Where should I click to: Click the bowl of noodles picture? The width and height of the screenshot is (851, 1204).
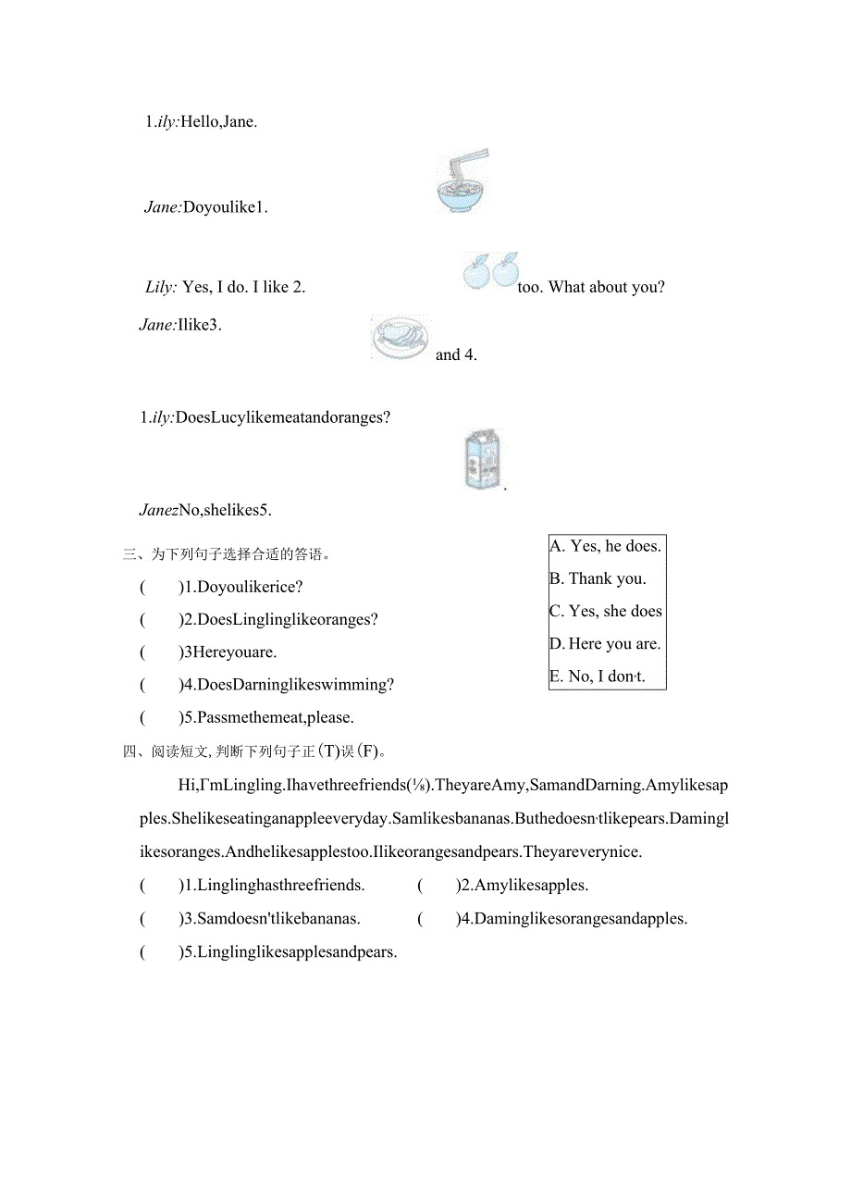(x=462, y=183)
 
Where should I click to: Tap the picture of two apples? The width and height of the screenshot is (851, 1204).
(x=491, y=271)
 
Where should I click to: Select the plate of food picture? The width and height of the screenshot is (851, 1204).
(x=400, y=338)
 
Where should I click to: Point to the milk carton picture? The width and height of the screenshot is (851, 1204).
(x=483, y=459)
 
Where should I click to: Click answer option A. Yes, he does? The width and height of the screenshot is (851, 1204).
(x=605, y=546)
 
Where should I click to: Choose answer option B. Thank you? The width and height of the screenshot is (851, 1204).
(x=598, y=578)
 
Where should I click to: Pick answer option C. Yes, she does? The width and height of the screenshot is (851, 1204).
(x=606, y=611)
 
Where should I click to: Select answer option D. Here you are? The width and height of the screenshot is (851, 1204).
(x=605, y=643)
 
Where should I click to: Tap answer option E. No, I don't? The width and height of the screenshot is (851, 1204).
(x=598, y=676)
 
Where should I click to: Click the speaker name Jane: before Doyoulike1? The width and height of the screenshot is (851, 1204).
(x=163, y=207)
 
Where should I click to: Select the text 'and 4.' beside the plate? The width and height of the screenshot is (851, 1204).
(x=456, y=354)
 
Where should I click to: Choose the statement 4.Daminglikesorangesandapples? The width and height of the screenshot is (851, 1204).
(x=580, y=919)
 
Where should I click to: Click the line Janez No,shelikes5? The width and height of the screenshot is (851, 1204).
(x=205, y=509)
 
